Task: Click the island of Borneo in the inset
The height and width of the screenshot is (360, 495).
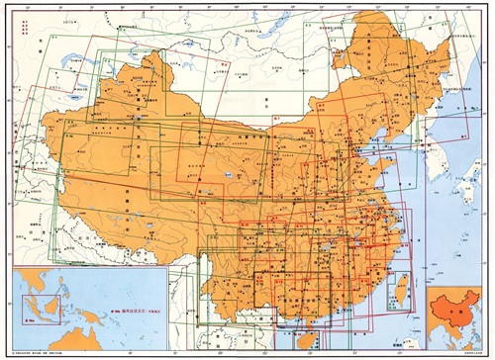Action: (x=51, y=305)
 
